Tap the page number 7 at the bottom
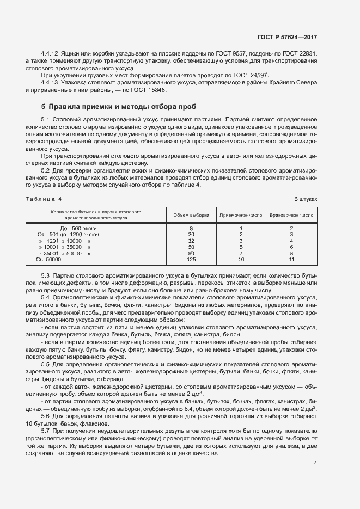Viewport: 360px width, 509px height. [x=315, y=463]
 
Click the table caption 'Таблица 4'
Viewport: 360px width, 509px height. [x=44, y=199]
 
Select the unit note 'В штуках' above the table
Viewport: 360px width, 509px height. [x=306, y=199]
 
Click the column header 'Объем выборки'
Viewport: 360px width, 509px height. [x=191, y=215]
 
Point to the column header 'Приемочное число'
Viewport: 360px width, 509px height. [x=241, y=215]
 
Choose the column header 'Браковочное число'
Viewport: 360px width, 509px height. [x=291, y=215]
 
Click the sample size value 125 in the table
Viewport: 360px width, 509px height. [x=191, y=260]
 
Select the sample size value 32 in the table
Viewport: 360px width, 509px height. [x=191, y=241]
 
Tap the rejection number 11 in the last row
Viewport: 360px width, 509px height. [x=291, y=260]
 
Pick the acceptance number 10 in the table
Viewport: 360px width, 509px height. [x=241, y=260]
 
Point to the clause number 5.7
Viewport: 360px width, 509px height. [x=46, y=431]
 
